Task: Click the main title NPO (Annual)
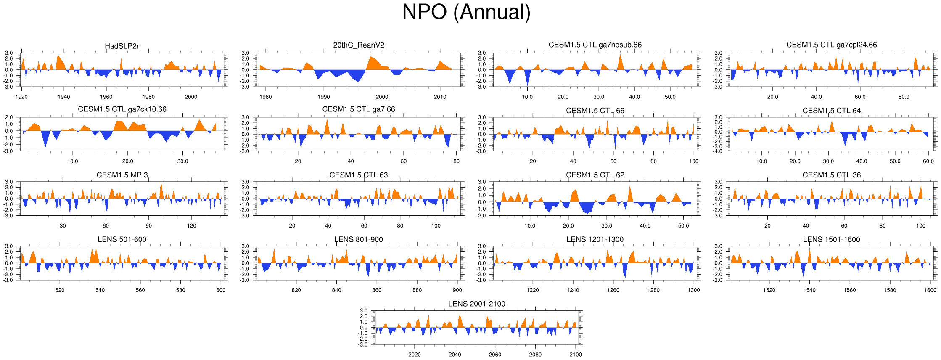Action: [x=466, y=12]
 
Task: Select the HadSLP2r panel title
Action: [x=122, y=46]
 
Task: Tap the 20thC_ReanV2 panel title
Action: [x=359, y=45]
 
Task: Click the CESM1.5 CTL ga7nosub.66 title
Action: [x=595, y=45]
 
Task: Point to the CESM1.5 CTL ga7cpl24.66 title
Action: [x=832, y=45]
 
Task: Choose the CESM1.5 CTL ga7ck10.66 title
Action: [x=122, y=109]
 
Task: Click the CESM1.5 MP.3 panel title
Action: [x=122, y=175]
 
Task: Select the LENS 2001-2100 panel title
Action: [x=477, y=304]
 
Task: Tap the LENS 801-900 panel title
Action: [x=359, y=240]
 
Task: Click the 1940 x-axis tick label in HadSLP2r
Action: [x=64, y=97]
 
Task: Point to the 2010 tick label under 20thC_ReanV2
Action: [x=440, y=97]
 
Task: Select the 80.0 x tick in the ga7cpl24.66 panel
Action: [x=904, y=97]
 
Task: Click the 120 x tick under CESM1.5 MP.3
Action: [x=191, y=226]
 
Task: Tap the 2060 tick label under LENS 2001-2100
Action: [x=495, y=355]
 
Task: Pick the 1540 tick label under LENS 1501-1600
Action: [x=809, y=290]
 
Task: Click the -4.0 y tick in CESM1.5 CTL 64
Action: [x=718, y=151]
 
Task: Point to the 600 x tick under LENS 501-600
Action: [x=221, y=290]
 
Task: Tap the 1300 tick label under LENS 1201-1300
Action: [x=694, y=290]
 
